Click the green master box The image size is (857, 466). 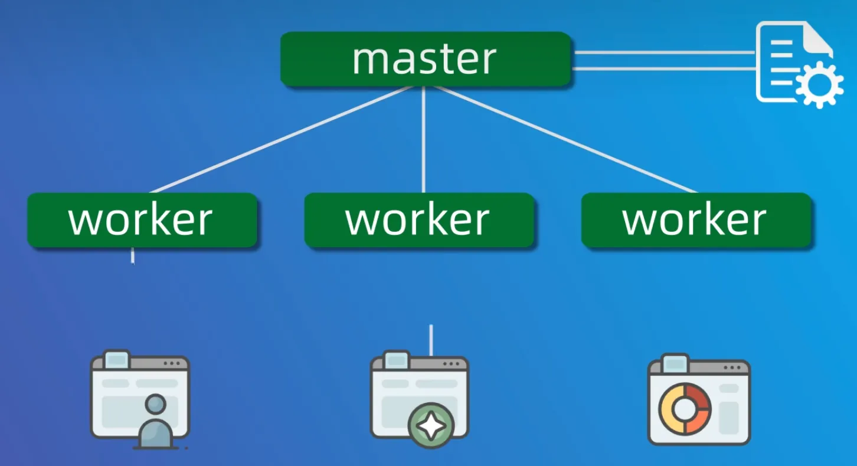pyautogui.click(x=426, y=59)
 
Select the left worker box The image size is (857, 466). pyautogui.click(x=142, y=220)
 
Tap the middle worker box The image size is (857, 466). pyautogui.click(x=419, y=220)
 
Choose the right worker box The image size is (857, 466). pyautogui.click(x=696, y=220)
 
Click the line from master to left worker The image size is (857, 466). pyautogui.click(x=277, y=140)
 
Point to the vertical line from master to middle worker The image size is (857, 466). pyautogui.click(x=424, y=142)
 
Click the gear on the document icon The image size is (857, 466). pyautogui.click(x=819, y=85)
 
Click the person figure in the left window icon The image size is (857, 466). pyautogui.click(x=155, y=422)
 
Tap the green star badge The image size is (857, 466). pyautogui.click(x=431, y=426)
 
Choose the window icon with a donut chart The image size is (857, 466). pyautogui.click(x=698, y=399)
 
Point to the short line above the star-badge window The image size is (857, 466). pyautogui.click(x=431, y=339)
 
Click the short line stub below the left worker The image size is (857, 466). pyautogui.click(x=133, y=255)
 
